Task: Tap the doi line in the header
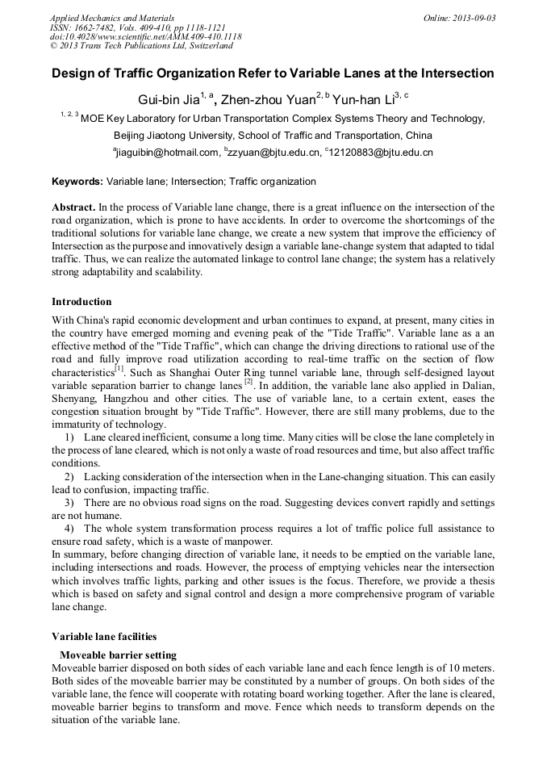pyautogui.click(x=145, y=36)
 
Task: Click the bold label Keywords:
pyautogui.click(x=77, y=182)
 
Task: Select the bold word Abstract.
pyautogui.click(x=73, y=208)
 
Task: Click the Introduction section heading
pyautogui.click(x=81, y=302)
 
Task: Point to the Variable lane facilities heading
pyautogui.click(x=104, y=636)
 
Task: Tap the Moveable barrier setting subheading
pyautogui.click(x=118, y=655)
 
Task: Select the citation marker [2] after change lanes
pyautogui.click(x=248, y=381)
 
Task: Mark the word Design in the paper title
pyautogui.click(x=73, y=73)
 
